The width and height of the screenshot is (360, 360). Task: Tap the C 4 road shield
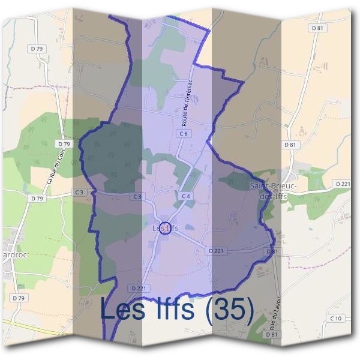pos(185,196)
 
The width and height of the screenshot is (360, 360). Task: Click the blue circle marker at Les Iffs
pos(166,229)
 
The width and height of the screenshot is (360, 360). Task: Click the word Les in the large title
pos(125,310)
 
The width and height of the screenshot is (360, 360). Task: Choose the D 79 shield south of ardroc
pos(18,298)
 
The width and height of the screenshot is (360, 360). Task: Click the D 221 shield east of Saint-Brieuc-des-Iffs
pos(343,184)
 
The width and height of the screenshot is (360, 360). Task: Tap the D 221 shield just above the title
pos(138,288)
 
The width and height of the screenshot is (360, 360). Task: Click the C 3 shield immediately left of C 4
pos(137,196)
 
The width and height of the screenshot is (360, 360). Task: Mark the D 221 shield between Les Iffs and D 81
pos(217,250)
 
